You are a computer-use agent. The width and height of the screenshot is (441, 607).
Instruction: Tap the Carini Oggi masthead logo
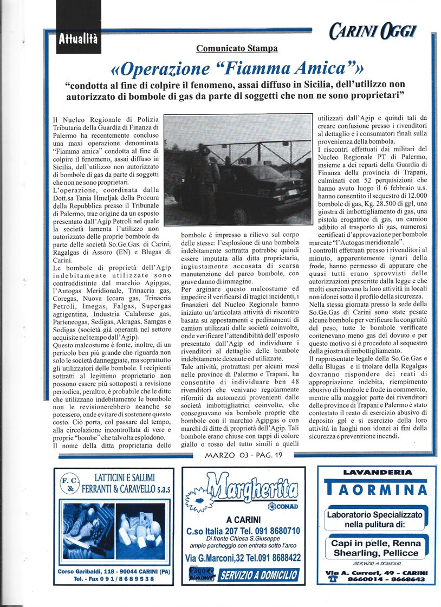coord(373,31)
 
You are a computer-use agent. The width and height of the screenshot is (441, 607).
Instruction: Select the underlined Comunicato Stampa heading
coord(237,48)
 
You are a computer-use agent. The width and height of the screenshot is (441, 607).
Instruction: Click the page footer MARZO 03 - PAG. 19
coord(244,455)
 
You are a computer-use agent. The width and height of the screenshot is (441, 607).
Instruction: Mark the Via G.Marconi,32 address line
coord(220,557)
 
